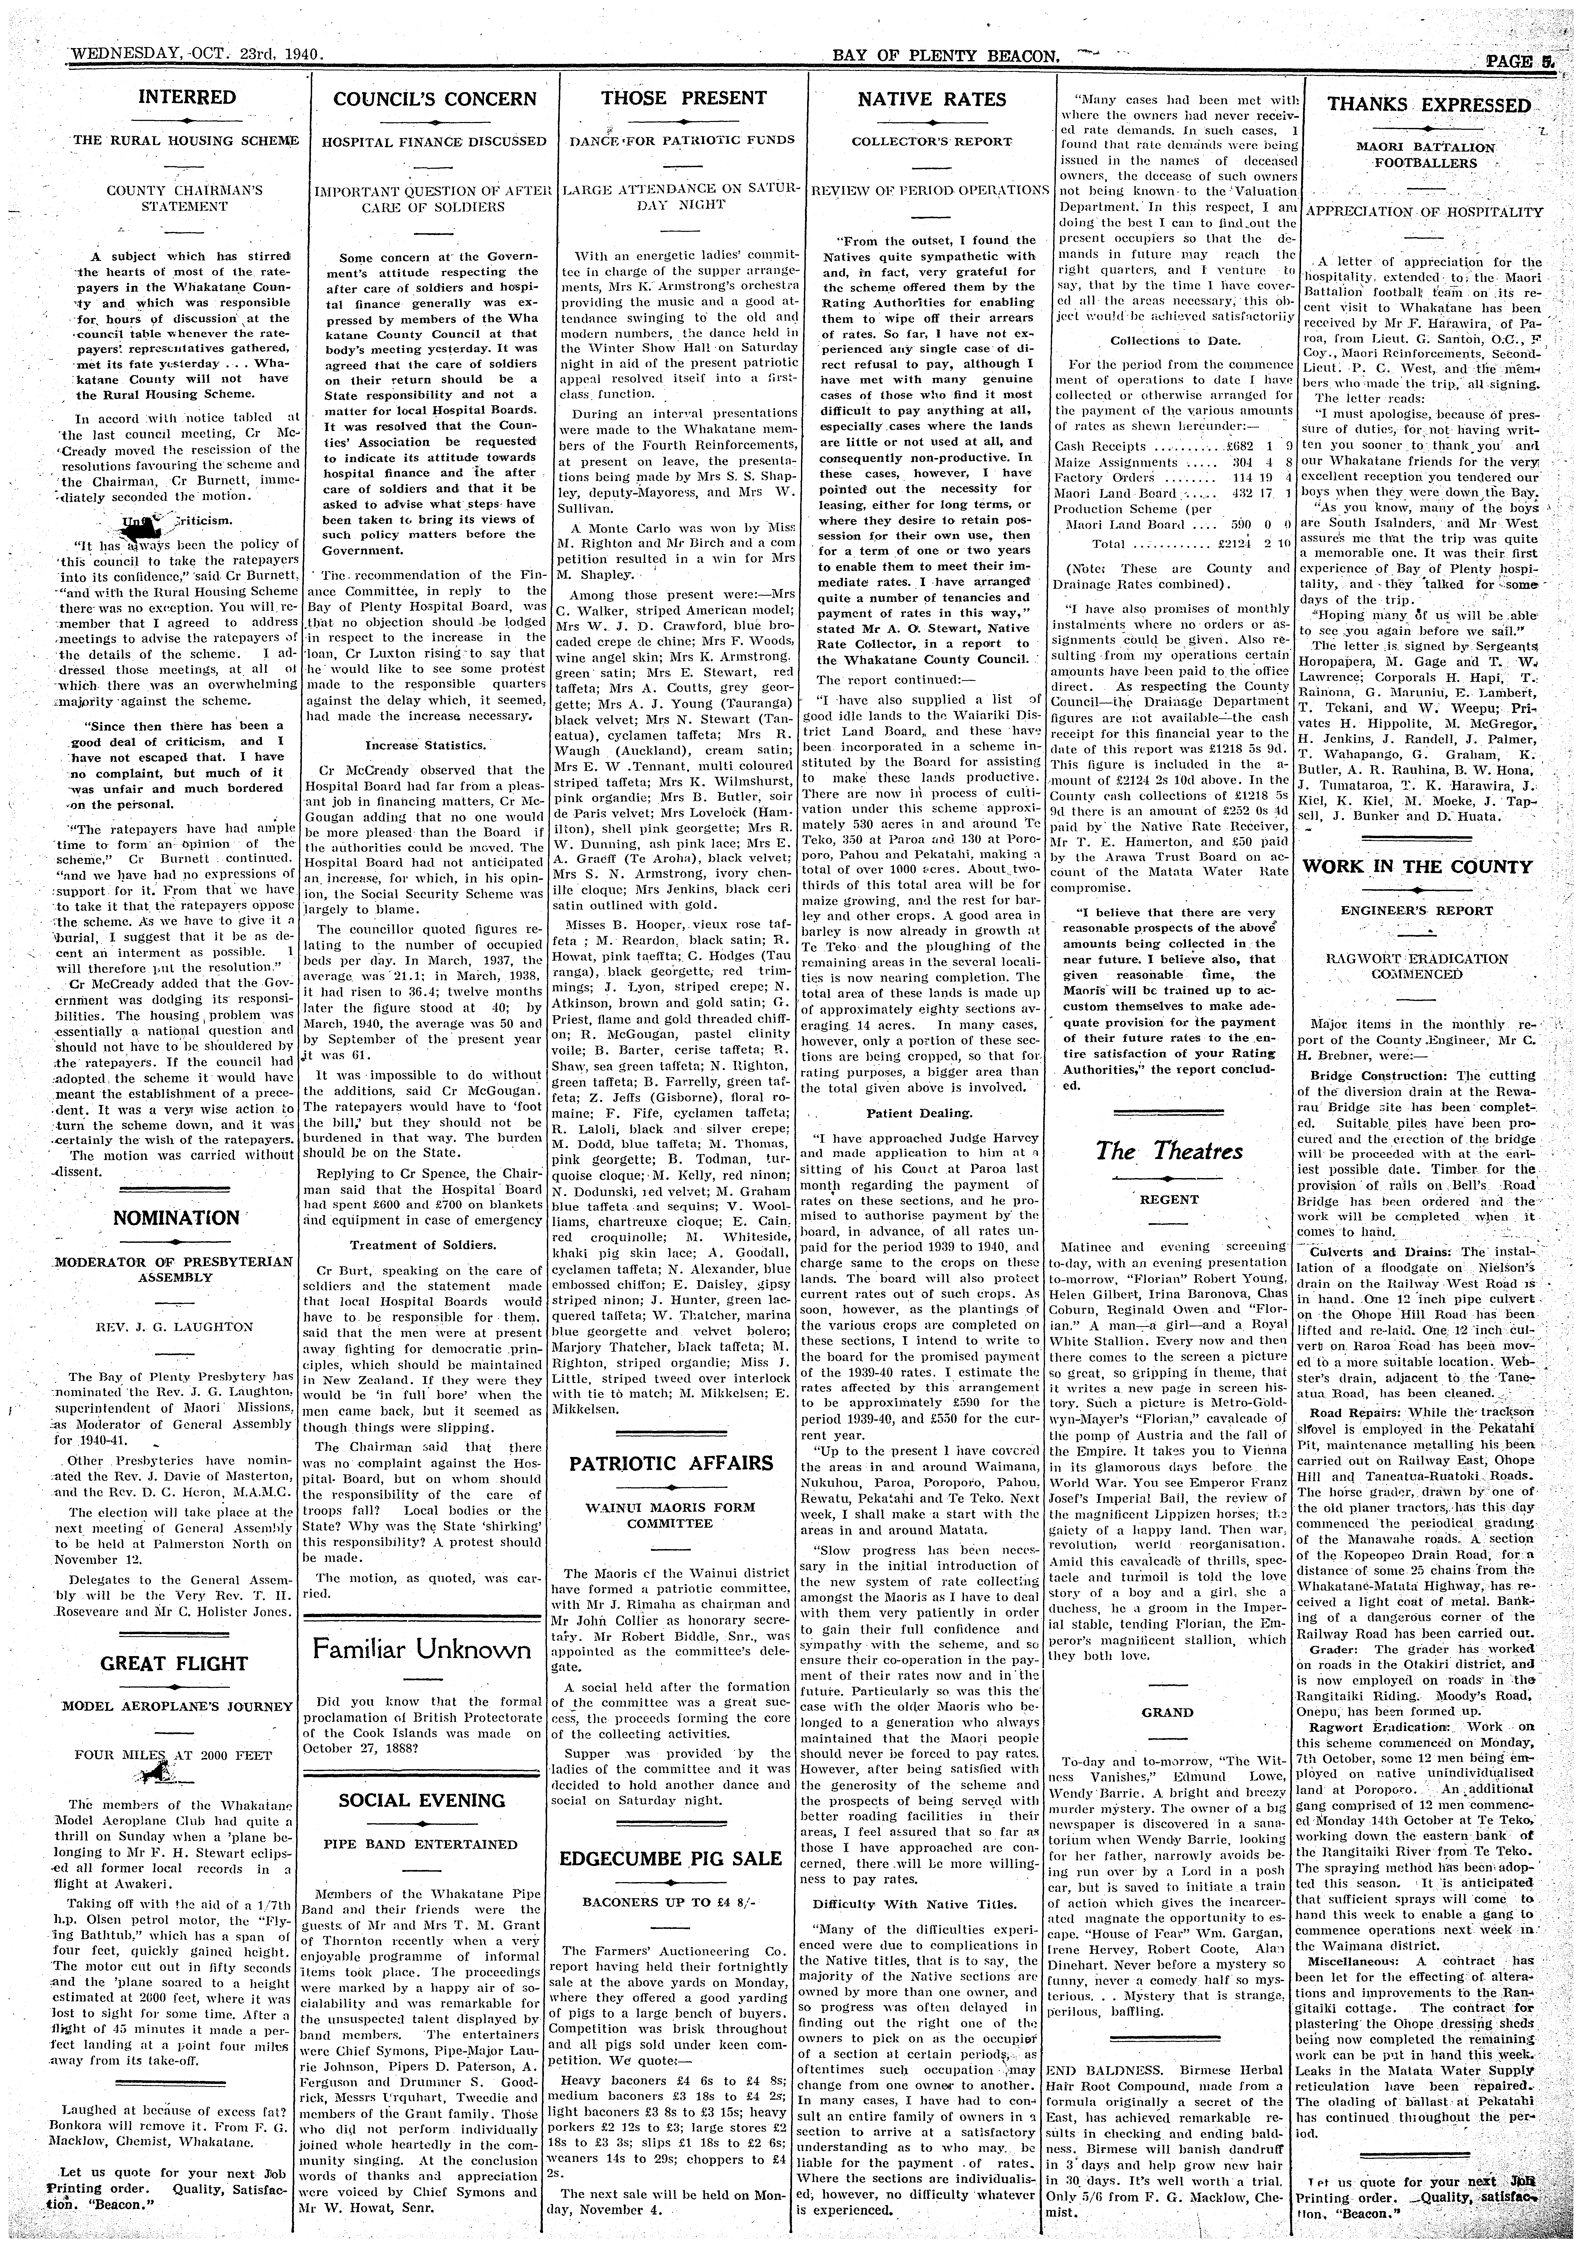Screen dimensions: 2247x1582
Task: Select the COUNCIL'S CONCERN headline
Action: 435,99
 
